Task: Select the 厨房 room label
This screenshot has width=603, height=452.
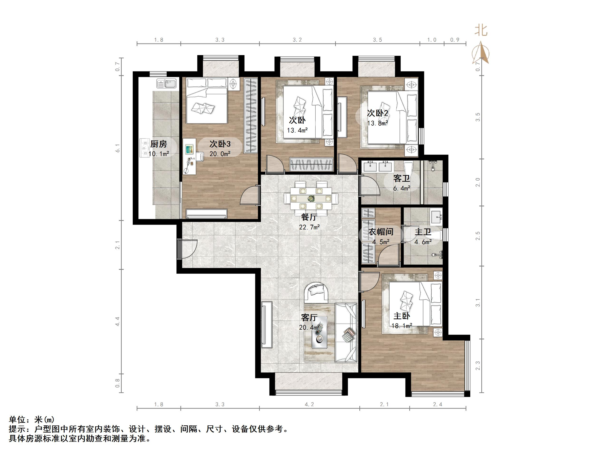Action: coord(159,144)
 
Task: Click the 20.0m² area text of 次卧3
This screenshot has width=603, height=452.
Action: coord(220,154)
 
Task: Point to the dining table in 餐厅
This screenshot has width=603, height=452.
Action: coord(311,198)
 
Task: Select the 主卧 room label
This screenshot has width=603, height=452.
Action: coord(401,316)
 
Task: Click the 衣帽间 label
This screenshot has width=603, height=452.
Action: coord(381,232)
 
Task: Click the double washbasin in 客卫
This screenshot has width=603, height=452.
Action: coord(377,166)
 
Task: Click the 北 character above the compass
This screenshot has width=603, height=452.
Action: coord(481,30)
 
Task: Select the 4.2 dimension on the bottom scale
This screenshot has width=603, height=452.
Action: coord(309,404)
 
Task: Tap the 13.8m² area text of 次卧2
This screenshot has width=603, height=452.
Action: coord(377,123)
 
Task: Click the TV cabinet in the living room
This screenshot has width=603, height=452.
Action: coord(267,324)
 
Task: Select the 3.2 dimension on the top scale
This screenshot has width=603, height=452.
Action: coord(297,40)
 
